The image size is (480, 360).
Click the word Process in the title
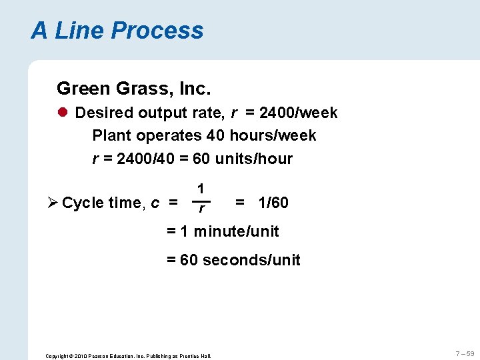157,31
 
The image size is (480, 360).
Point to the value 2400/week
298,113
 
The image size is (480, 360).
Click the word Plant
112,136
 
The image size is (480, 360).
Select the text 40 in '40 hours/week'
215,136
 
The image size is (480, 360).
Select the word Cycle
83,203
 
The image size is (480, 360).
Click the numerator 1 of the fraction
201,189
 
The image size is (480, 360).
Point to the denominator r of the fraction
201,210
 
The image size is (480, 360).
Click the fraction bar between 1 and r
201,200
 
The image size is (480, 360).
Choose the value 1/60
273,203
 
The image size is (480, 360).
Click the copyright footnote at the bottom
127,356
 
